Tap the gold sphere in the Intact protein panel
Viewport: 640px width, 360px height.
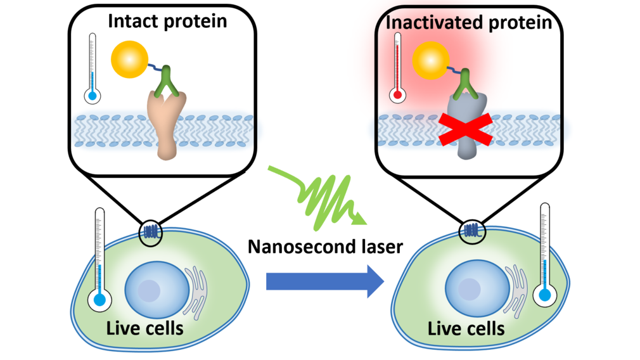coord(129,60)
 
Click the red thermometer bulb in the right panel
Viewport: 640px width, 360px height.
coord(397,96)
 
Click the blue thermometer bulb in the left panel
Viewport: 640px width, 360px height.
coord(93,96)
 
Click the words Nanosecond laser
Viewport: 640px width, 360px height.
coord(325,247)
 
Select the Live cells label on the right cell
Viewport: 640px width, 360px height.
coord(466,328)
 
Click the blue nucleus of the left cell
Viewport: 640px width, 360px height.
coord(150,290)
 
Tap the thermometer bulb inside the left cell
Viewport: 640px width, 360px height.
coord(98,301)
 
